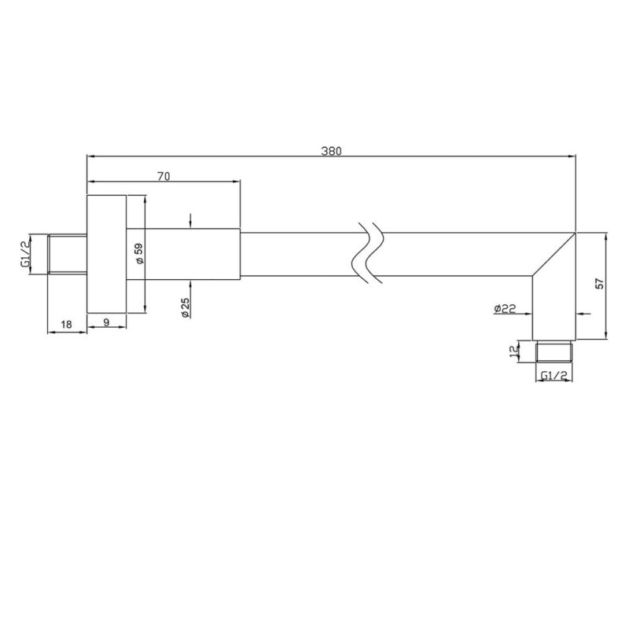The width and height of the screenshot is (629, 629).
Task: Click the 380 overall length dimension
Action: click(331, 151)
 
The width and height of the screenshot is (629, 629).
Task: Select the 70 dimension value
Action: click(164, 176)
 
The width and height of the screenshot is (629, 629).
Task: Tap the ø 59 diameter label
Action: click(140, 253)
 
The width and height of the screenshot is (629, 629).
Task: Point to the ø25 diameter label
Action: click(186, 307)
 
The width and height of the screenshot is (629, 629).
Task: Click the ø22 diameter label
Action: click(505, 308)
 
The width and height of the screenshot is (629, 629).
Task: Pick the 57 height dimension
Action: click(600, 284)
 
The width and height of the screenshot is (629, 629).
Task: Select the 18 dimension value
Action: click(66, 324)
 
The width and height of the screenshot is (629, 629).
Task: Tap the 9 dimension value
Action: click(106, 322)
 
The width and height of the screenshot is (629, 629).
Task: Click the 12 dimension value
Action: click(513, 351)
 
